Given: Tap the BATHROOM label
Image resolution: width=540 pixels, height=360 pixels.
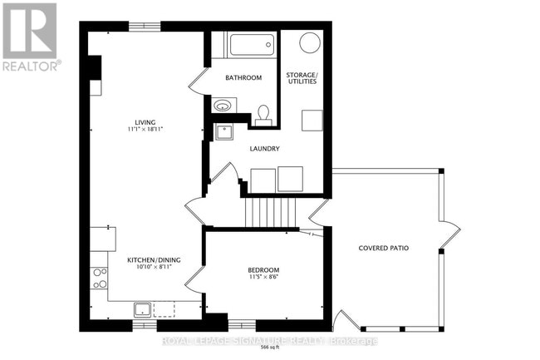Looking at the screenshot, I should [243, 78].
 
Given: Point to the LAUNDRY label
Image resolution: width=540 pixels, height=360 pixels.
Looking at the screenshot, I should [264, 149].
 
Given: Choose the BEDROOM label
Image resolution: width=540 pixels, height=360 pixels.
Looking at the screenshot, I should [263, 270].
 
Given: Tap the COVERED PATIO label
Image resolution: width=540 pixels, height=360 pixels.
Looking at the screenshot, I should [384, 249].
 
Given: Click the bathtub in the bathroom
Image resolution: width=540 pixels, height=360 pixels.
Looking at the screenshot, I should [251, 45].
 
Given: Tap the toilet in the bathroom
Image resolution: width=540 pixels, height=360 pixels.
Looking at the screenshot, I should [263, 113].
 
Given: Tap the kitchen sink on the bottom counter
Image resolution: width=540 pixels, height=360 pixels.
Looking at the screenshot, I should [142, 310].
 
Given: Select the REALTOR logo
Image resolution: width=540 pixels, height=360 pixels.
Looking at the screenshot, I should [30, 37].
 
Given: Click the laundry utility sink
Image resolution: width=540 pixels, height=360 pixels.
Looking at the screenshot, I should [223, 131].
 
